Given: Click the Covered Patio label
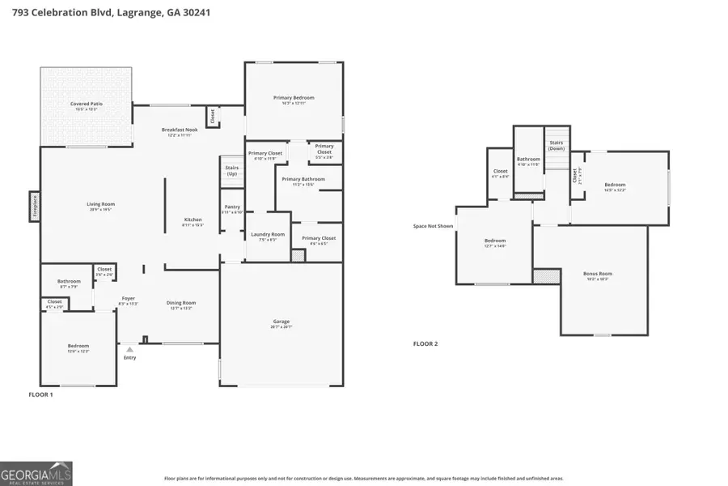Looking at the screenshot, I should [x=86, y=104].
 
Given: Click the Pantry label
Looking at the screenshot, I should [x=232, y=208].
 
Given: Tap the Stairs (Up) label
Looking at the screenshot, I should [x=232, y=171].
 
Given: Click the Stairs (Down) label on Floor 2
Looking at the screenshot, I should [x=556, y=145].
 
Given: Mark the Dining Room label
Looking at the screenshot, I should [x=180, y=305].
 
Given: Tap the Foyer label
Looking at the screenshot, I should [x=129, y=300].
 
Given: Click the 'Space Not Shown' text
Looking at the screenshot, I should [x=433, y=226].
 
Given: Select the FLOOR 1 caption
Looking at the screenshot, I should [x=40, y=394].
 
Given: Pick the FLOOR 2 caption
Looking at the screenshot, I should [x=425, y=344].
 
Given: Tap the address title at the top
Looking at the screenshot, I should [x=106, y=13].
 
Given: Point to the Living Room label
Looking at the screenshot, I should [x=101, y=206].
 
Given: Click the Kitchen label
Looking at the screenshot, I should [x=193, y=221].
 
